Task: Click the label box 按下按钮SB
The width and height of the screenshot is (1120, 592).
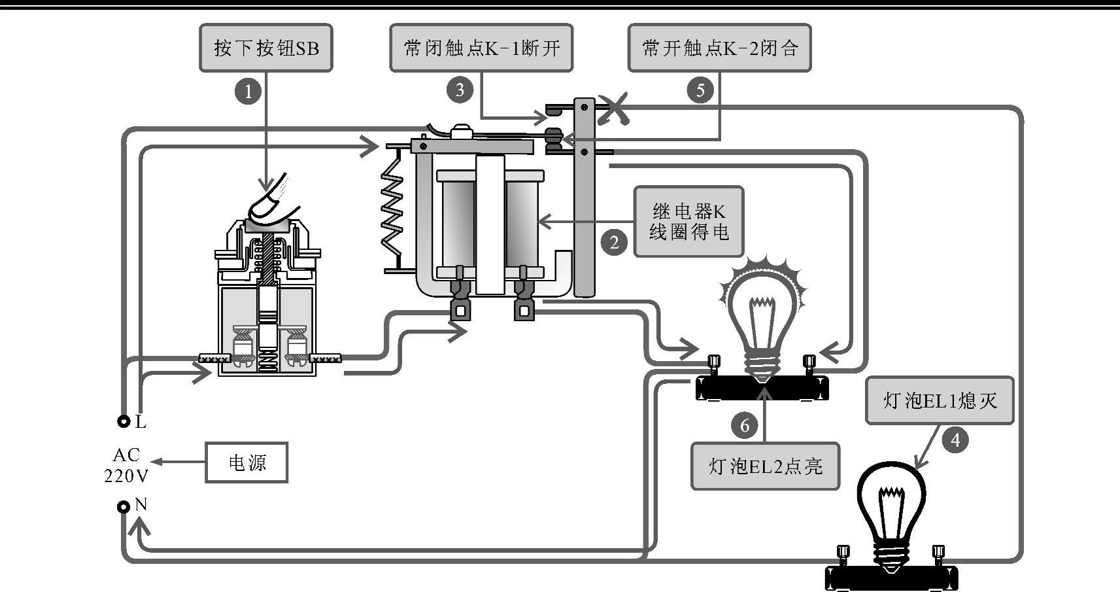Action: (266, 48)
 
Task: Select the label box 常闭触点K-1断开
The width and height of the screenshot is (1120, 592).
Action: (481, 48)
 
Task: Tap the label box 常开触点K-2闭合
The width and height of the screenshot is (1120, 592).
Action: (719, 48)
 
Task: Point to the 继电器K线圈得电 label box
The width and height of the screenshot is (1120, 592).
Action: (688, 222)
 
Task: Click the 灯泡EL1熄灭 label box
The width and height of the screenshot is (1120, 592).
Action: (940, 400)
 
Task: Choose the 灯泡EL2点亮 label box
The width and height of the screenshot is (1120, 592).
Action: (765, 466)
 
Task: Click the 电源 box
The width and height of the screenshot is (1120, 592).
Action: (246, 462)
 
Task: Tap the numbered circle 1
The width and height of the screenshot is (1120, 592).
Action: (248, 91)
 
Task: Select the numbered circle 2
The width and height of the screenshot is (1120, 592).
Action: (614, 243)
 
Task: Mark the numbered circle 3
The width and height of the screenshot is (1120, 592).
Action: (460, 90)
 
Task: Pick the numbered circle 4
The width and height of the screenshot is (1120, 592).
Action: (955, 440)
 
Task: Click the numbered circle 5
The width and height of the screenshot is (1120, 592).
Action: (700, 90)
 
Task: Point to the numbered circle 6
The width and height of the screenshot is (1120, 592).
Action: (745, 426)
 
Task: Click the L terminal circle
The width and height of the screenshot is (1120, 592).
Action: (124, 422)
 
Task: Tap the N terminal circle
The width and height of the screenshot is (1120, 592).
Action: (124, 507)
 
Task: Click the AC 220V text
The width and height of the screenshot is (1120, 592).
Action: (126, 465)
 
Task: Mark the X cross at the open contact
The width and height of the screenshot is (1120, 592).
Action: (614, 108)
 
